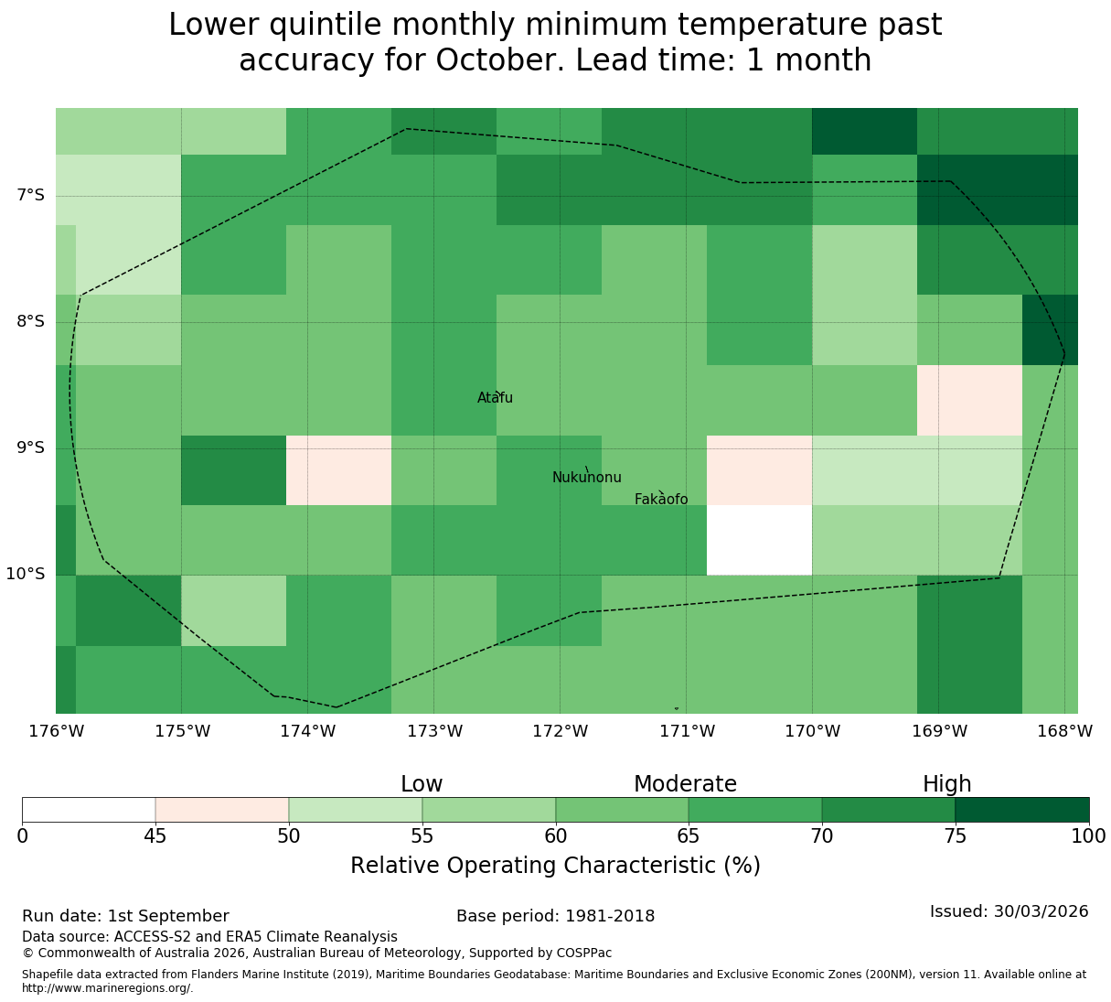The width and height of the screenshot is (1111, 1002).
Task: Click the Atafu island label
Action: coord(495,397)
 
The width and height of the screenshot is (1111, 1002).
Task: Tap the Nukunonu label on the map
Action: coord(586,477)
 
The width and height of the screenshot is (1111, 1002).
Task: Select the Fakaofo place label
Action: coord(661,499)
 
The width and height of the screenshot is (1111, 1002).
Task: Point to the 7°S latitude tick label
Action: coord(30,195)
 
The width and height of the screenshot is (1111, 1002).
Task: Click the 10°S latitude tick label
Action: coord(26,574)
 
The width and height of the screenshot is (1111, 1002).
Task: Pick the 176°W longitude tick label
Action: coord(57,731)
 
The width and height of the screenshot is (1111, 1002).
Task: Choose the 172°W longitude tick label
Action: coord(560,731)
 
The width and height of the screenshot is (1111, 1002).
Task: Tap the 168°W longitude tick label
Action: coord(1064,731)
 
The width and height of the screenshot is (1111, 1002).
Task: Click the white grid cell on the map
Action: coord(759,540)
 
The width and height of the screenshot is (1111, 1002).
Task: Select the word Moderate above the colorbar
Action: coord(685,784)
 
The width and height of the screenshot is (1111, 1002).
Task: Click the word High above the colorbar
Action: coord(947,784)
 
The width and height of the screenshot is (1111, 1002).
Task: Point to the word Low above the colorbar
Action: coord(422,784)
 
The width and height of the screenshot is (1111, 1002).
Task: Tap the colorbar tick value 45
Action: coord(155,835)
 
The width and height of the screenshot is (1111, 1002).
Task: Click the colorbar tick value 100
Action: coord(1088,835)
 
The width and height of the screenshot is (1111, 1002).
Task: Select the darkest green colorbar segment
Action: coord(1021,810)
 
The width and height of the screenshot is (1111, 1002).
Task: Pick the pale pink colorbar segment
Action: coord(221,810)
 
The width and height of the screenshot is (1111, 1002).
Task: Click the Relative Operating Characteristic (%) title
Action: coord(556,865)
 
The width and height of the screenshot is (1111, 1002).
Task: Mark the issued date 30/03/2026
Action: coord(1042,911)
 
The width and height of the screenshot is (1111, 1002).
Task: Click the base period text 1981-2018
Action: coord(610,916)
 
